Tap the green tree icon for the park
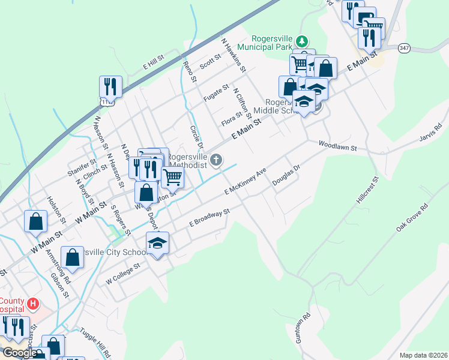click(303, 41)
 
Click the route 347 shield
click(405, 47)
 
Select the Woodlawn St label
click(338, 146)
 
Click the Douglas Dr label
click(286, 176)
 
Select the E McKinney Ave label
click(245, 182)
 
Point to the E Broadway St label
click(209, 217)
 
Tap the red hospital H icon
click(34, 305)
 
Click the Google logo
click(19, 353)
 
